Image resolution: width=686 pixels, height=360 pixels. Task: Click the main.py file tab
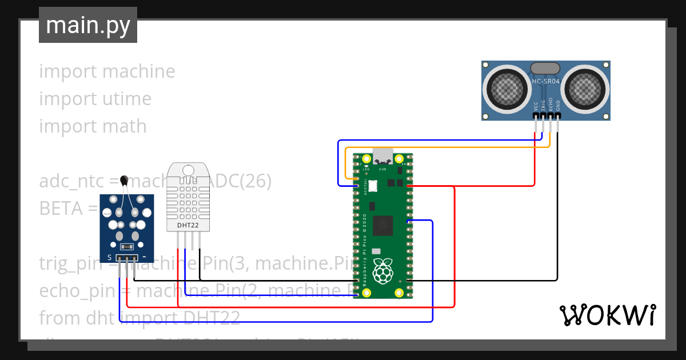tap(87, 25)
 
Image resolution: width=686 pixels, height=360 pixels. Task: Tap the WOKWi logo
tap(607, 315)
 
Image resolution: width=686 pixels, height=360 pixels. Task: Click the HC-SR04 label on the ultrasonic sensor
tap(546, 82)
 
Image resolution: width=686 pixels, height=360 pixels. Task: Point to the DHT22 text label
tap(188, 225)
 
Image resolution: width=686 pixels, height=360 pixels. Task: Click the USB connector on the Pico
tap(382, 156)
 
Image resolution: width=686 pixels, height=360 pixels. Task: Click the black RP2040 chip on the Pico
tap(382, 226)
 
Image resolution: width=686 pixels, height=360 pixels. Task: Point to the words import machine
tap(107, 71)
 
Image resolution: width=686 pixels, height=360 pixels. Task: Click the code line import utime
tap(95, 99)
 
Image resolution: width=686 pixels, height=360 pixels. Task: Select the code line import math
tap(93, 126)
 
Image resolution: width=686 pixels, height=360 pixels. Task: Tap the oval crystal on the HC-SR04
tap(545, 69)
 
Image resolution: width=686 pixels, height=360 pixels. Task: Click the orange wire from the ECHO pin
tap(446, 147)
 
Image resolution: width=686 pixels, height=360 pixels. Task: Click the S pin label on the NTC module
tap(109, 258)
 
